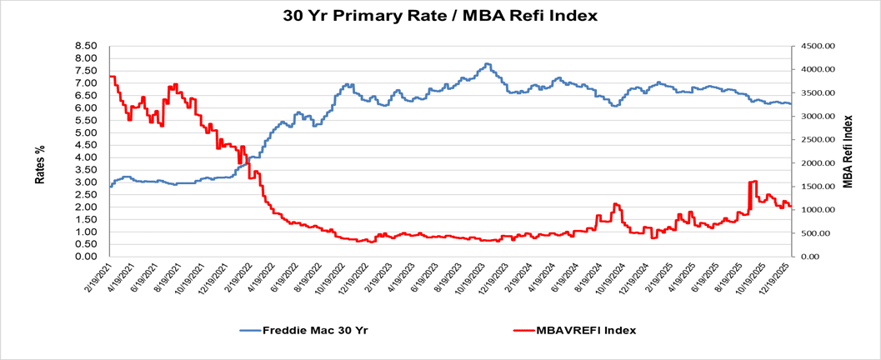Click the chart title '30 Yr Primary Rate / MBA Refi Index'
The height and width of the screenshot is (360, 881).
pos(439,15)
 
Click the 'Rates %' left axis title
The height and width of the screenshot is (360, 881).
pos(39,163)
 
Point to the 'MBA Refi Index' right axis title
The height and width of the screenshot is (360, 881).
pos(848,151)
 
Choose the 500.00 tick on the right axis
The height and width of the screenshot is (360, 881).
pos(814,233)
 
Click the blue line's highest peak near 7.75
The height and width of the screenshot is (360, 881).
pos(487,64)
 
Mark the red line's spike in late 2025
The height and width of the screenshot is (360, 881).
pos(753,182)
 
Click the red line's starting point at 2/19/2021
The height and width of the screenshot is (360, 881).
pos(110,77)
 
